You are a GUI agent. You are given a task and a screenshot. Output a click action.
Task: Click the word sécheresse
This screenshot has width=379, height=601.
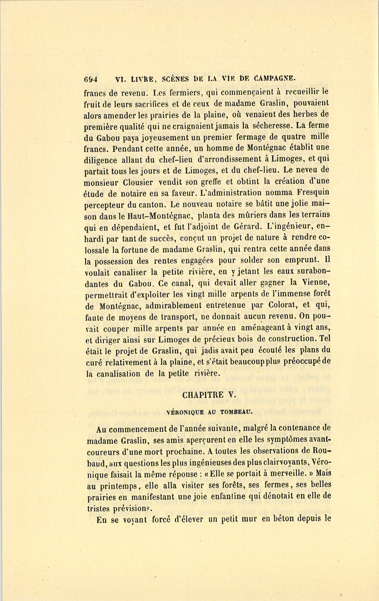(272, 125)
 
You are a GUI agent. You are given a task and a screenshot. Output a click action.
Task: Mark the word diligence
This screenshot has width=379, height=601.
(104, 159)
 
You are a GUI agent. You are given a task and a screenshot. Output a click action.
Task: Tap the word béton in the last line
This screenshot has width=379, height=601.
(283, 519)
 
